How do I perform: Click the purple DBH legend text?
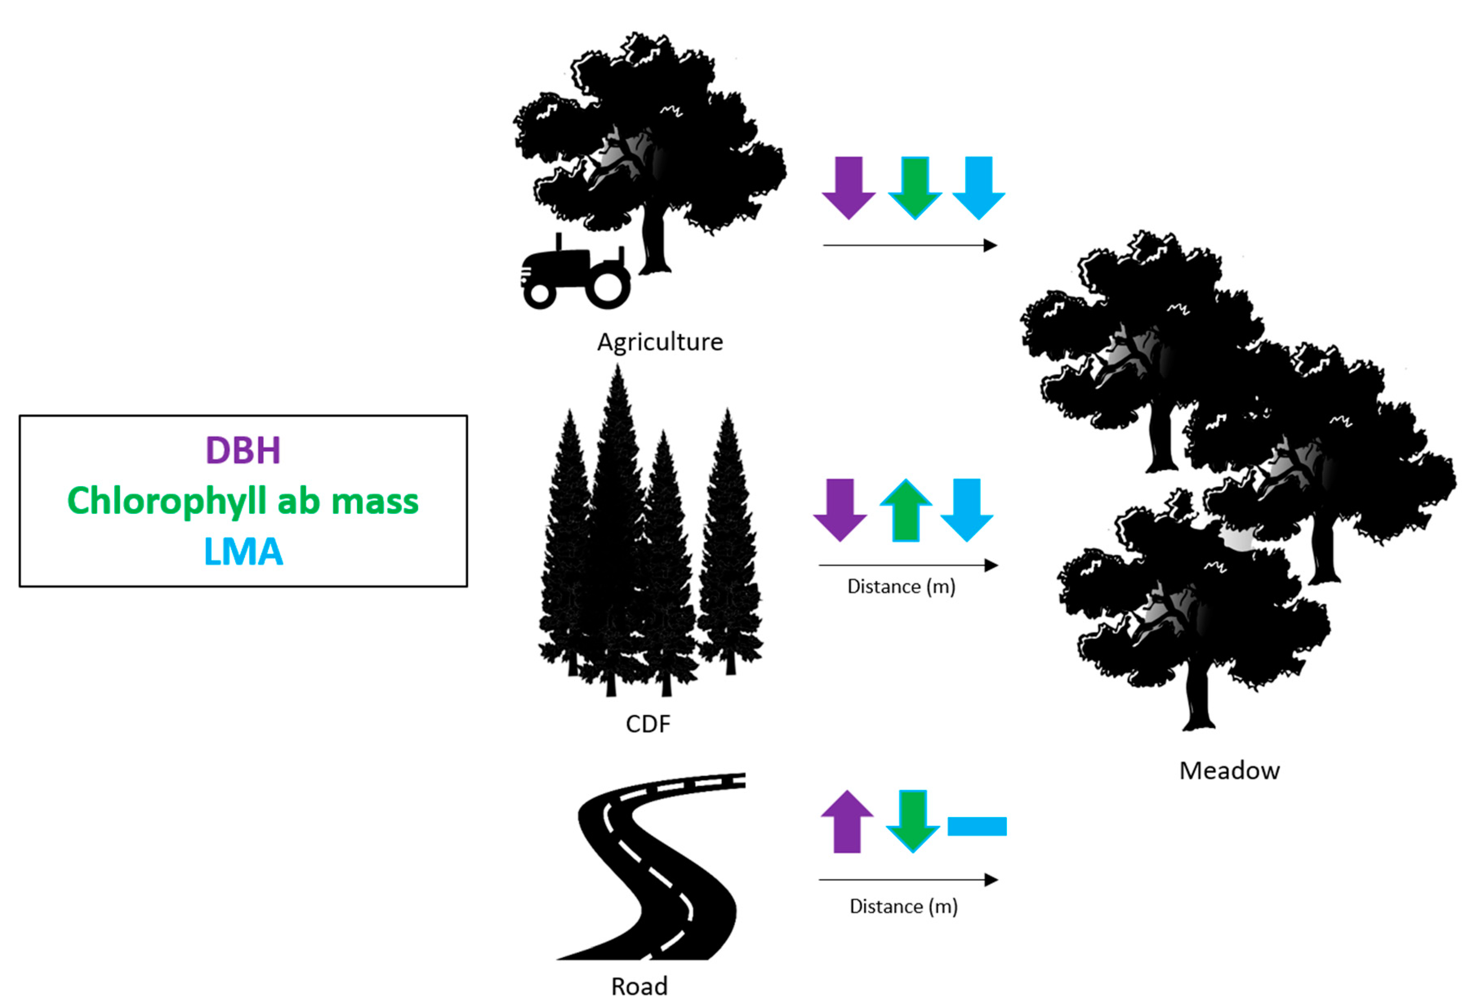tap(243, 450)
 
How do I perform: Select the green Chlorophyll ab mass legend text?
tap(243, 502)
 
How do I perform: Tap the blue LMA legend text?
tap(243, 552)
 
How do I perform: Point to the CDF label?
tap(648, 724)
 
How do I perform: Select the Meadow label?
tap(1229, 770)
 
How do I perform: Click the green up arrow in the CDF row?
tap(906, 511)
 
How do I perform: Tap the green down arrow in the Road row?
tap(913, 821)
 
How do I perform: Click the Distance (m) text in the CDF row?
tap(901, 586)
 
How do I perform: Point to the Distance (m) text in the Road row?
tap(903, 906)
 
